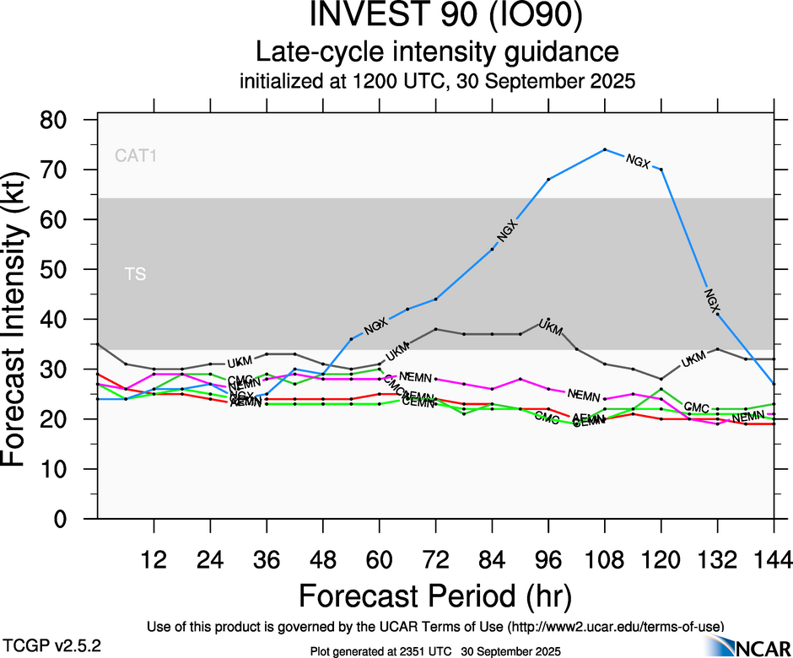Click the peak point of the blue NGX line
pos(605,150)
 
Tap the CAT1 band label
pos(136,155)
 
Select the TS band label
pos(135,274)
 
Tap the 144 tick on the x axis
pos(774,559)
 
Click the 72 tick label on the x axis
pos(435,559)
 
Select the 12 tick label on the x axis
pos(154,559)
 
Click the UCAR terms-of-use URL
pos(615,627)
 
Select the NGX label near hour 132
pos(714,299)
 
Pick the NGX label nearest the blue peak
pos(638,160)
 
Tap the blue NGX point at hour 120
pos(661,170)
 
